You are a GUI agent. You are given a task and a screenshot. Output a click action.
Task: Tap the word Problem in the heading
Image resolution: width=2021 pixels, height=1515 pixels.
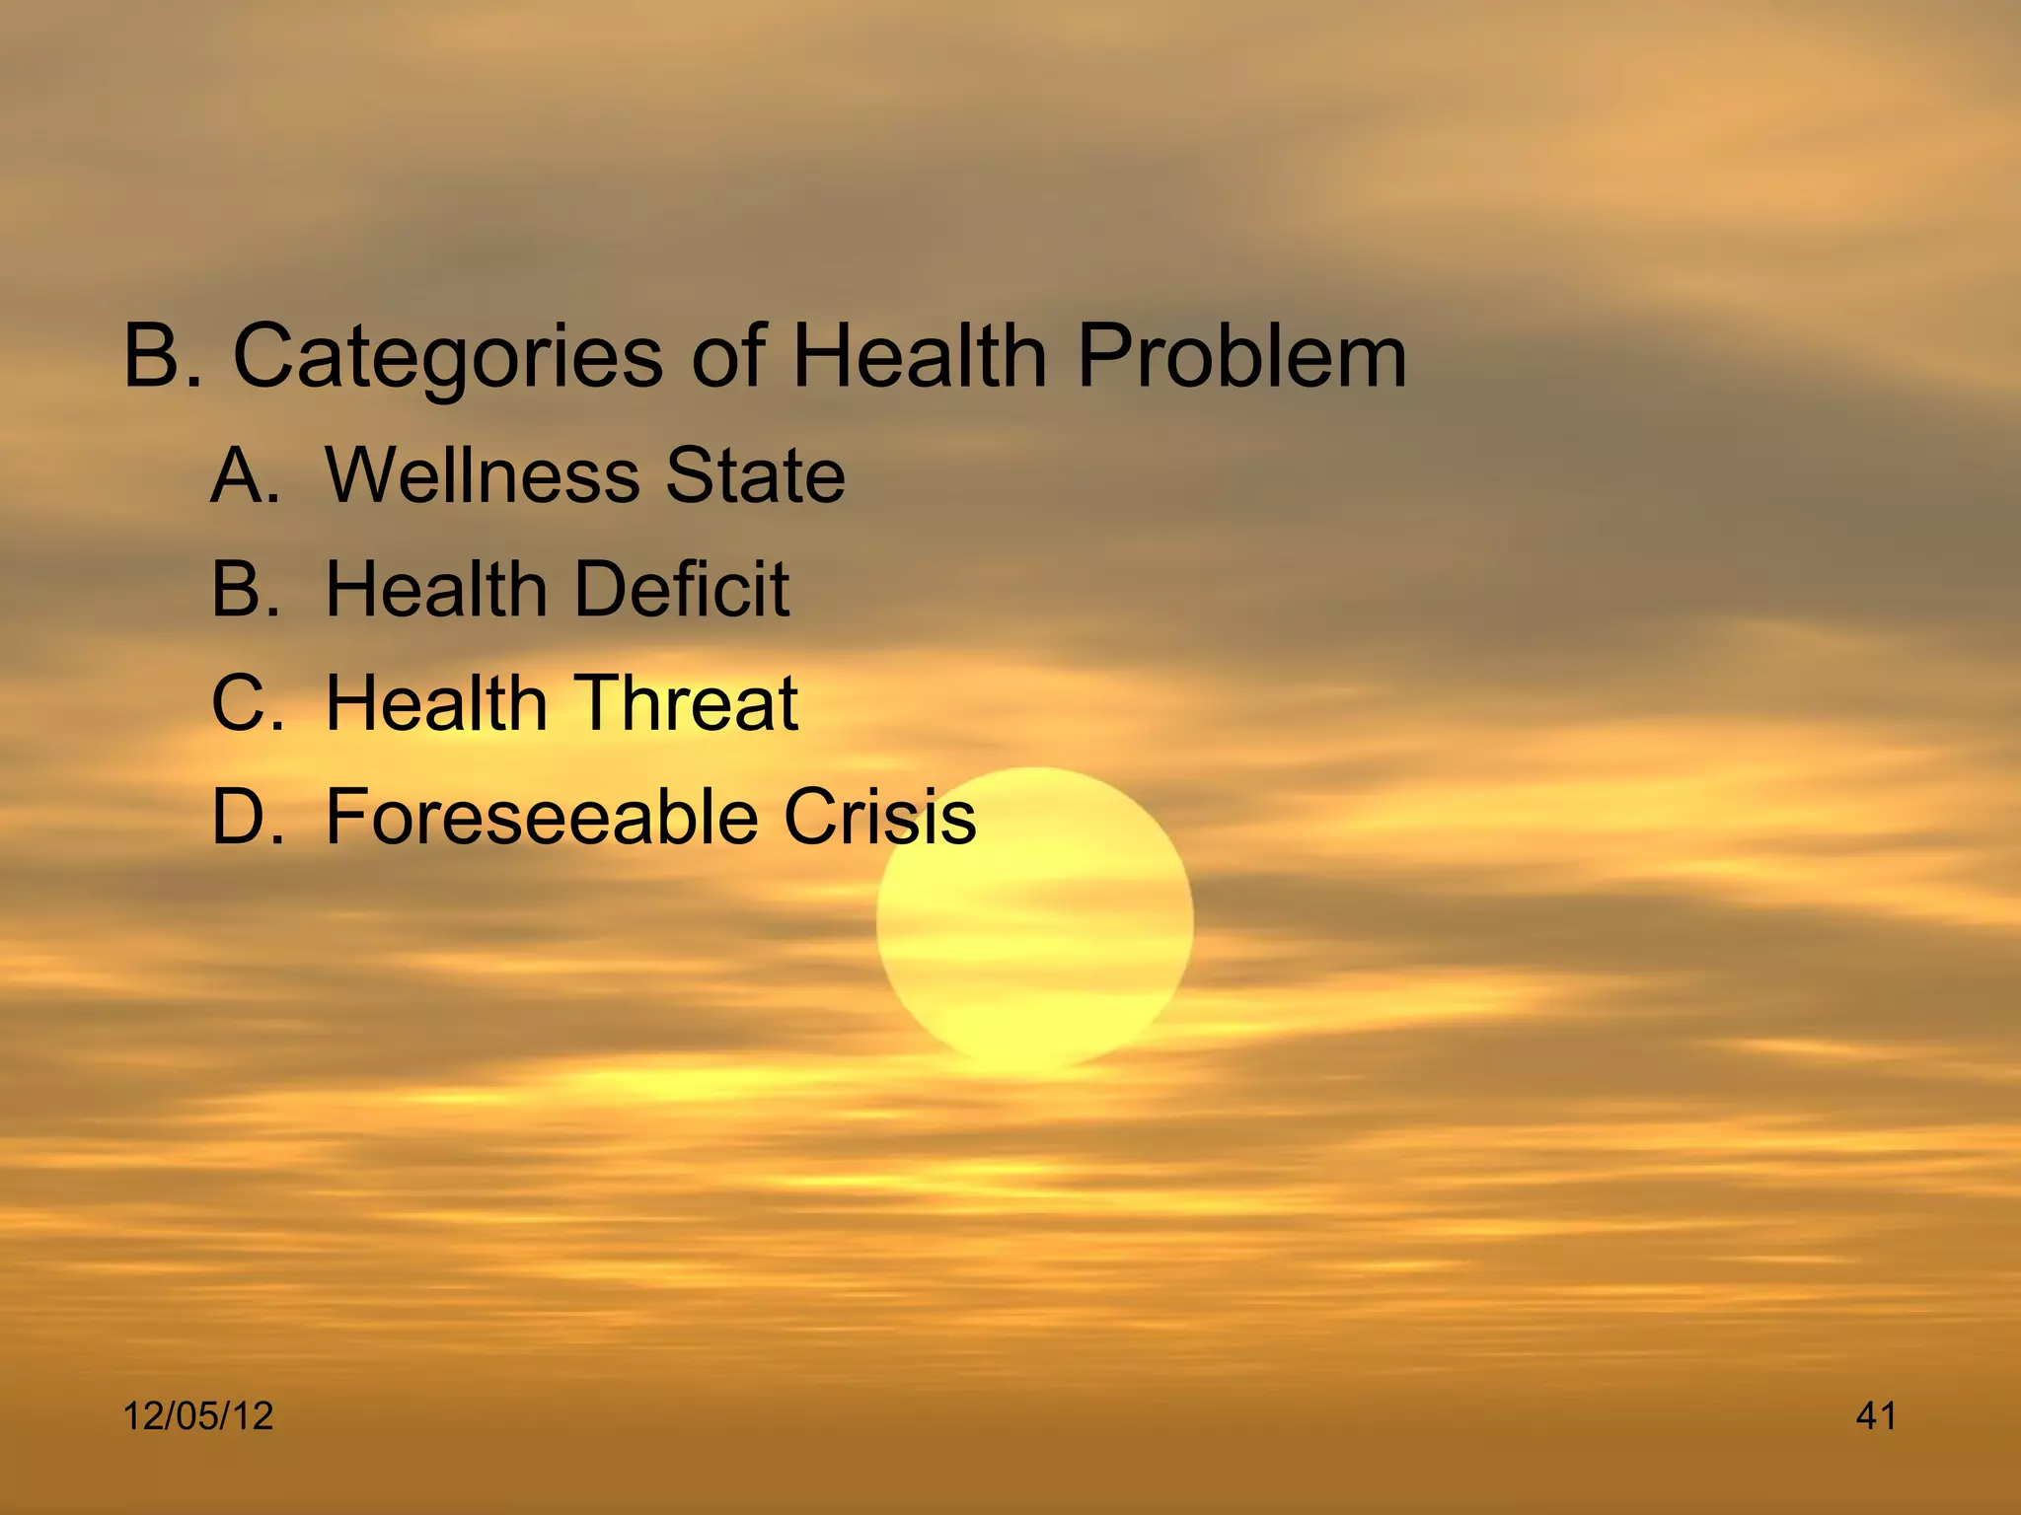click(1241, 357)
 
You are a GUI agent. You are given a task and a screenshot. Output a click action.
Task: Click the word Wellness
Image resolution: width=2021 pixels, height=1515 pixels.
click(481, 475)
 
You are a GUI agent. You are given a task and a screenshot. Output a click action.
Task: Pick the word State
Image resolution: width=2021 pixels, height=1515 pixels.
click(755, 475)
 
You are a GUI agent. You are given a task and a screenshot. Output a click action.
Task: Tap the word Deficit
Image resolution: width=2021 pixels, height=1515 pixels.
click(682, 589)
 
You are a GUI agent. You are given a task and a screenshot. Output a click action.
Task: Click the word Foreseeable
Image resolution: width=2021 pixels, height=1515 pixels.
click(541, 817)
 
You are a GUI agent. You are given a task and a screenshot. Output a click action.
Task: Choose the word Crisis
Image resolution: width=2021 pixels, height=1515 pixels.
click(879, 817)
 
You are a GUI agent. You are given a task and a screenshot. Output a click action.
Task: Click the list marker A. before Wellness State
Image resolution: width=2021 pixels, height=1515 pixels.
click(246, 475)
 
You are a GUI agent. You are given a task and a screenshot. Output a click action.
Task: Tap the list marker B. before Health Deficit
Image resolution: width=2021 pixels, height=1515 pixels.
click(246, 589)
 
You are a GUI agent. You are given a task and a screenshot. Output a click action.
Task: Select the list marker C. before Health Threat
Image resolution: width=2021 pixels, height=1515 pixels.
click(246, 703)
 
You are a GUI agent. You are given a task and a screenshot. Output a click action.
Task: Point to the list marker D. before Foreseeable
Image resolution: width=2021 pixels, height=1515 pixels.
click(246, 817)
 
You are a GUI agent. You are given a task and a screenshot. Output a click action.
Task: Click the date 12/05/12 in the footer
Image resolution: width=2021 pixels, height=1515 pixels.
click(197, 1416)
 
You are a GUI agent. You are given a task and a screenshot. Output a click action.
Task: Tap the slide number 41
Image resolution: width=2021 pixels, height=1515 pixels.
click(1876, 1416)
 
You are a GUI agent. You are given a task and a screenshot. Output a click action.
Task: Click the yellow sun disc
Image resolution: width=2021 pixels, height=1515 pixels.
click(1034, 947)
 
